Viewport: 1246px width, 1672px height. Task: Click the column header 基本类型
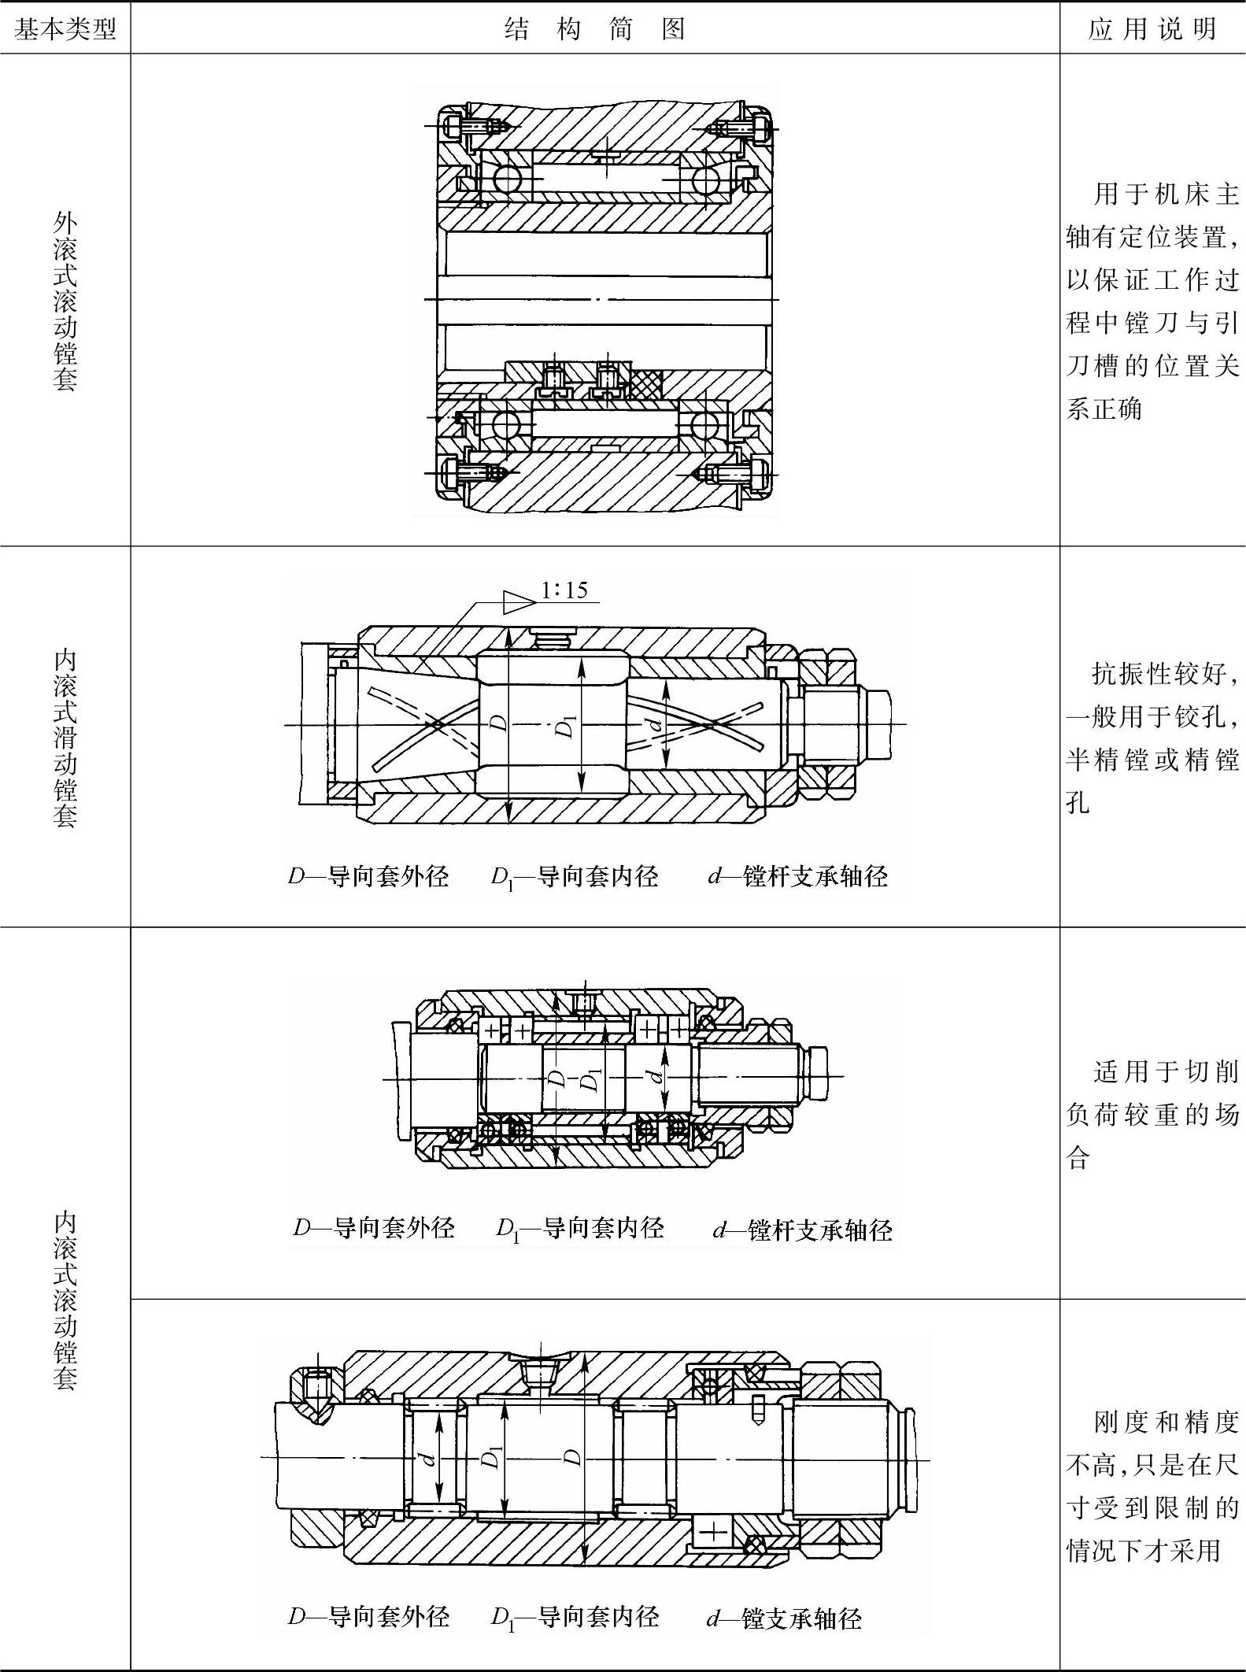click(65, 29)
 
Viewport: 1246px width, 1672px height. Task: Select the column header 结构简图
click(594, 29)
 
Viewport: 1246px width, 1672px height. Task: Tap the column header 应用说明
click(1152, 29)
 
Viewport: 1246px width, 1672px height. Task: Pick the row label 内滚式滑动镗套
click(65, 738)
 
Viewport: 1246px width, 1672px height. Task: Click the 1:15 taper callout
click(564, 590)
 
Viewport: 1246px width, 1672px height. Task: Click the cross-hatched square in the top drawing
click(645, 383)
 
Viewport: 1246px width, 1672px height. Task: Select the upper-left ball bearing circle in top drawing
click(507, 179)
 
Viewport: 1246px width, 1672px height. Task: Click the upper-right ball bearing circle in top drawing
click(706, 179)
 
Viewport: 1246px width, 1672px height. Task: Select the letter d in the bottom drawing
click(430, 1459)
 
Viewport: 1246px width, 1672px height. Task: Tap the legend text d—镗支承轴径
click(784, 1618)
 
